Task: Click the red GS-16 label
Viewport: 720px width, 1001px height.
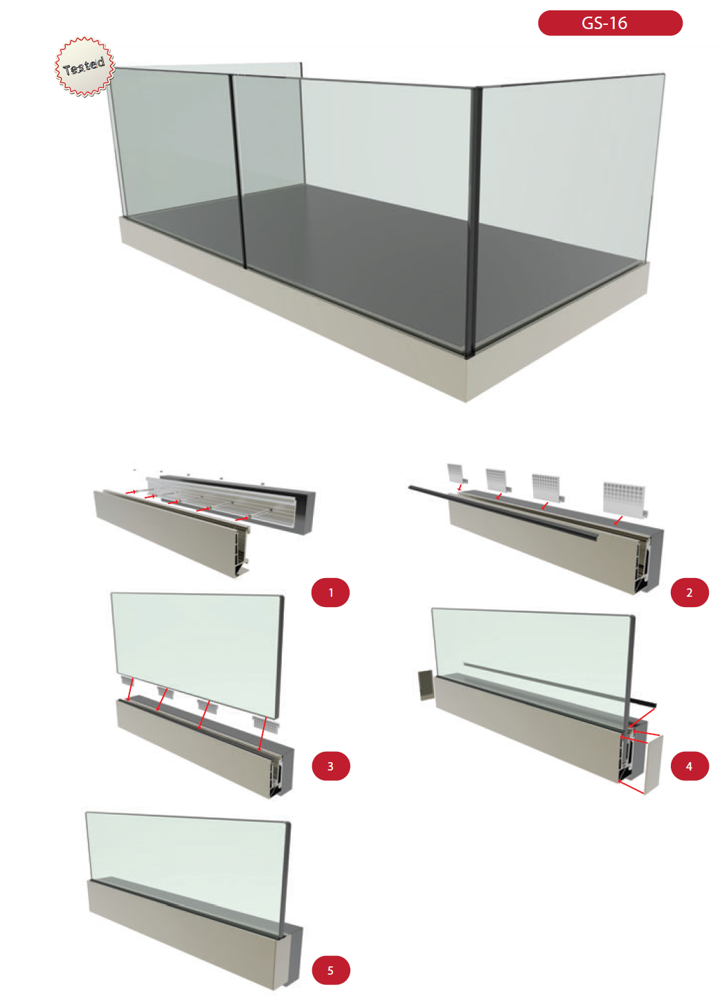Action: click(x=610, y=23)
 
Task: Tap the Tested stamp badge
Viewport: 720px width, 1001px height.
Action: click(x=84, y=66)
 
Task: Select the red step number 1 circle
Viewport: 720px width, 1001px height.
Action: click(x=330, y=593)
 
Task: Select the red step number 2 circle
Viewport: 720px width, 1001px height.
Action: click(x=689, y=593)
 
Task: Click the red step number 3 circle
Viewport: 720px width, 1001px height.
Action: click(x=330, y=766)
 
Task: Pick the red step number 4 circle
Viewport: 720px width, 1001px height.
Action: click(x=689, y=766)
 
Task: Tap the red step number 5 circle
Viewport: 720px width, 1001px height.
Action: click(x=330, y=970)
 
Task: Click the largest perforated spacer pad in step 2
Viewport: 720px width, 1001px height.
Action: click(x=624, y=500)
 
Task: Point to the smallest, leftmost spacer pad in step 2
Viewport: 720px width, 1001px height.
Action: click(x=456, y=474)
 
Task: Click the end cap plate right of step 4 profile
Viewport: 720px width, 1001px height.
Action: click(x=653, y=764)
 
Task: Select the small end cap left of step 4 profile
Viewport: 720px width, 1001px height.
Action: click(x=425, y=685)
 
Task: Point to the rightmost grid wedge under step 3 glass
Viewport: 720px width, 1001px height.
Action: click(x=267, y=723)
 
